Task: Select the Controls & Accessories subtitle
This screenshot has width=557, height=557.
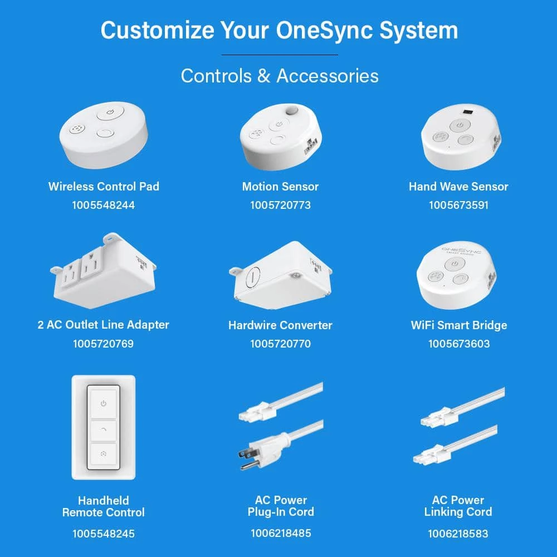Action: tap(280, 76)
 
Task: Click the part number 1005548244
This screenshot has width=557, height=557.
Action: tap(104, 205)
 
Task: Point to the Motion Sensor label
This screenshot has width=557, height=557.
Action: tap(280, 187)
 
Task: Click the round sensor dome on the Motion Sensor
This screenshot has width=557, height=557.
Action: tap(292, 110)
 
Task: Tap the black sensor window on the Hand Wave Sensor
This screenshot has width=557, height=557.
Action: tap(468, 113)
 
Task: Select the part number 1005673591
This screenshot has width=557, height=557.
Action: tap(458, 205)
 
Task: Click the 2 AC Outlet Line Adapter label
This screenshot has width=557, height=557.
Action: tap(104, 325)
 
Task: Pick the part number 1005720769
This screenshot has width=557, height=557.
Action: tap(104, 344)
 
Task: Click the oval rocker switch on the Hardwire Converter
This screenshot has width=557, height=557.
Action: tap(252, 276)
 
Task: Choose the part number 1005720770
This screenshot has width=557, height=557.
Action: tap(280, 344)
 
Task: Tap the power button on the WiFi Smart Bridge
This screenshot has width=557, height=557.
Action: tap(455, 264)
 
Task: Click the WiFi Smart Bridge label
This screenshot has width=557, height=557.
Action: tap(459, 325)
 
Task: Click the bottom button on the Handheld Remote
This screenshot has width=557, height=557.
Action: tap(104, 454)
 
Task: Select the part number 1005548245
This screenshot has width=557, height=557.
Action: tap(104, 534)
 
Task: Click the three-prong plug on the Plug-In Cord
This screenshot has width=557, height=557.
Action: tap(263, 451)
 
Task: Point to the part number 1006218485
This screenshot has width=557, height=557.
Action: tap(281, 533)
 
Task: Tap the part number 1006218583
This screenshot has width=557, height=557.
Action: tap(458, 534)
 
